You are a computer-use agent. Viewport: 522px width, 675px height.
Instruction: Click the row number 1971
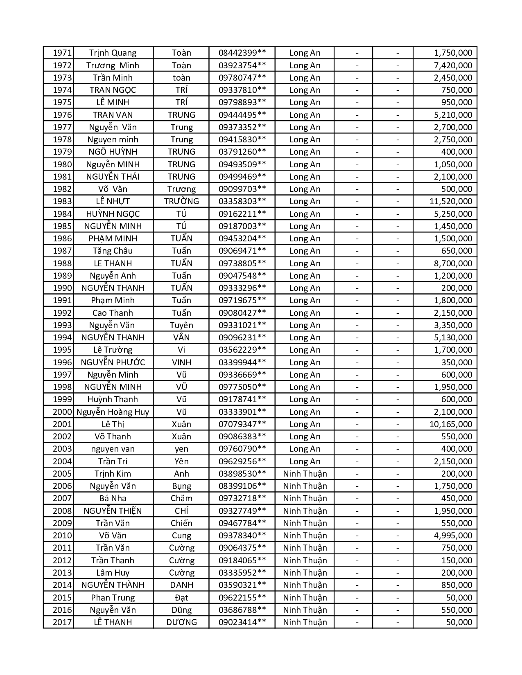62,53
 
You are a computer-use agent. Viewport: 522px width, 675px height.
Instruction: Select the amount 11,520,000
450,201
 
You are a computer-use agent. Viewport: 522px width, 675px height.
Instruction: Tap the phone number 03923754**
242,65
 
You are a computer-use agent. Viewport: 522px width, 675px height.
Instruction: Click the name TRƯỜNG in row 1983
181,201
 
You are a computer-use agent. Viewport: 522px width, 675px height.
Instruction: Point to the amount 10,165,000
450,424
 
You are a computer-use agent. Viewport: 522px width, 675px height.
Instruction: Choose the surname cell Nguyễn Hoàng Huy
113,412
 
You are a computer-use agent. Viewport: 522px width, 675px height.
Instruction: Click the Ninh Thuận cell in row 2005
305,474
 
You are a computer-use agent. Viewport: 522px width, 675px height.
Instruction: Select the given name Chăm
181,498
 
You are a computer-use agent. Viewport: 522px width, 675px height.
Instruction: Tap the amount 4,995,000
453,535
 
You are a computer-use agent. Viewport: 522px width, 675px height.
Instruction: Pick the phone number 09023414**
242,622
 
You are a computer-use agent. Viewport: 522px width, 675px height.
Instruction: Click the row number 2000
62,412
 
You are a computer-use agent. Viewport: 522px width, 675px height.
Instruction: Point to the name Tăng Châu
113,251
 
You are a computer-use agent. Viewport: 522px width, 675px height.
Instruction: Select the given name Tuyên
181,325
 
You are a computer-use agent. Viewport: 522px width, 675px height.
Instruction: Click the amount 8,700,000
453,263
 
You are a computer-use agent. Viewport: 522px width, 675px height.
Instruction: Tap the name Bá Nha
113,498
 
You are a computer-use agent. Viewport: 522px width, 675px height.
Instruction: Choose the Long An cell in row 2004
305,461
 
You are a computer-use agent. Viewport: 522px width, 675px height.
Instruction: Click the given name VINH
181,362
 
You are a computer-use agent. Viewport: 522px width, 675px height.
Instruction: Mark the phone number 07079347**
242,424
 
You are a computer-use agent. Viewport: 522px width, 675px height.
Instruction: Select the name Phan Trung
113,598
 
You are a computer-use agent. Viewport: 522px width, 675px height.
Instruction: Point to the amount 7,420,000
453,65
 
